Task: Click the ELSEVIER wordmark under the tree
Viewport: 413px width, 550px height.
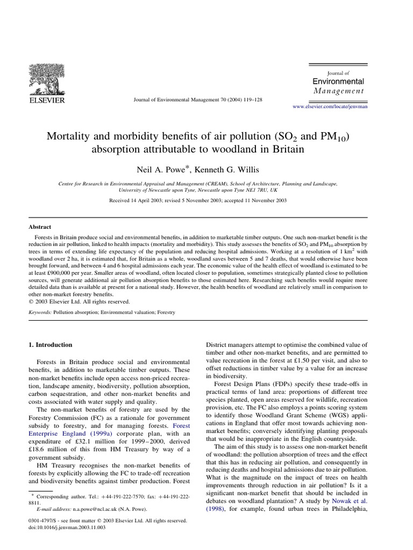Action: tap(46, 100)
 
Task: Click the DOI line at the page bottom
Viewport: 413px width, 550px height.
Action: tap(66, 528)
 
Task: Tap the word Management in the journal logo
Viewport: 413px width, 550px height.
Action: tap(338, 91)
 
